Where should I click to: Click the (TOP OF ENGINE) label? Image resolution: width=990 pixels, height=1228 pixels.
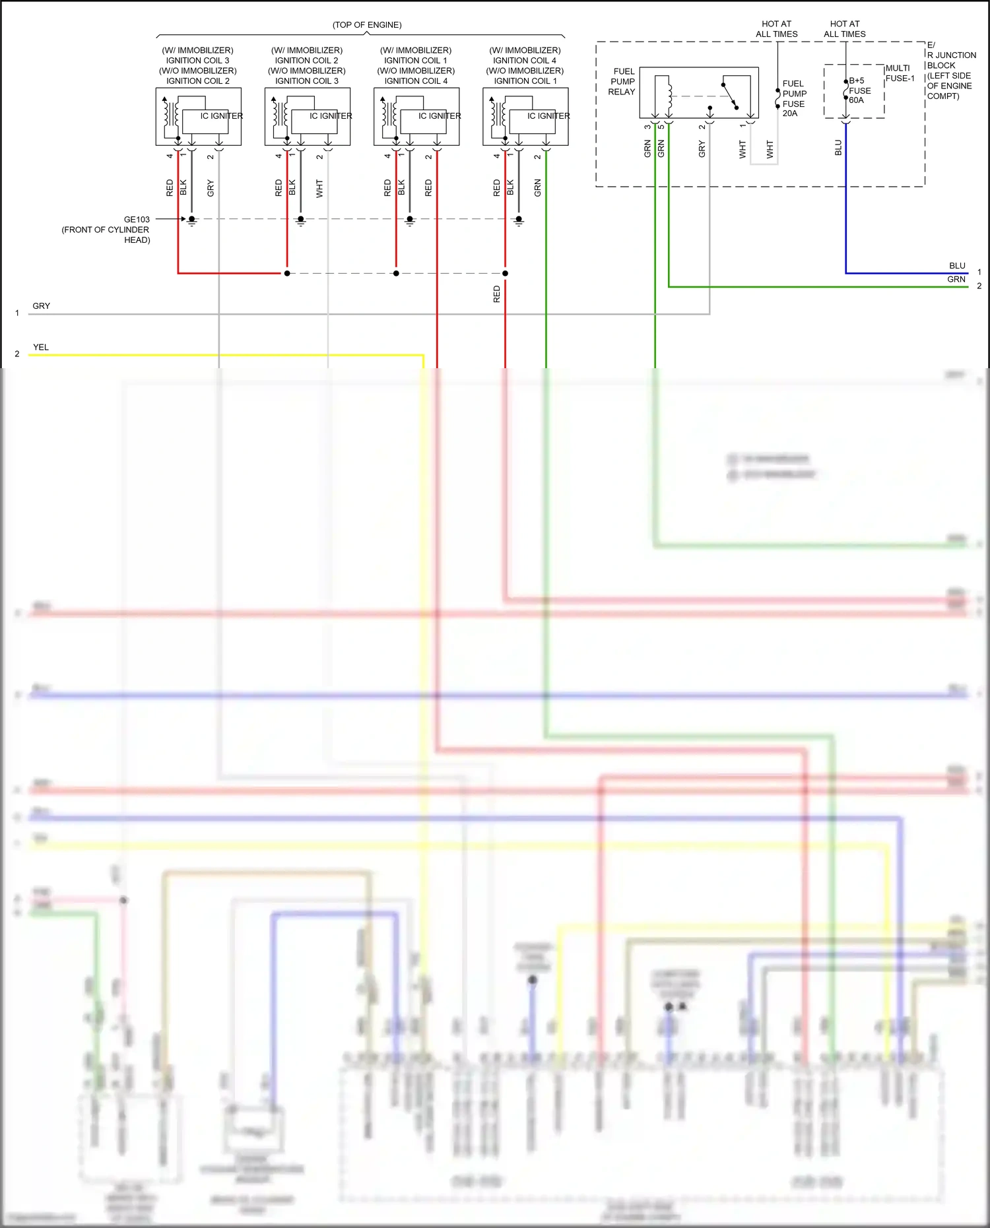pos(367,25)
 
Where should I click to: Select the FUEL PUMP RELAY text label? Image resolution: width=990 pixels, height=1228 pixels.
pos(622,81)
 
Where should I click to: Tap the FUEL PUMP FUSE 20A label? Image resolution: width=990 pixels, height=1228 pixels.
pos(794,98)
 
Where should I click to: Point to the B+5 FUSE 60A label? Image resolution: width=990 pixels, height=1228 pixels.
pos(859,90)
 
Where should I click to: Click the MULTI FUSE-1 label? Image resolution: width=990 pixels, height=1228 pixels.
pos(900,73)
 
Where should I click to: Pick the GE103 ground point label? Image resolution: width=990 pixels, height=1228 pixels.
pos(137,219)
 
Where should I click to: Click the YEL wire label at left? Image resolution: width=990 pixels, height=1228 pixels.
pos(41,347)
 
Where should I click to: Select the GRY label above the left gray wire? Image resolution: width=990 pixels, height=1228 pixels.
pos(41,306)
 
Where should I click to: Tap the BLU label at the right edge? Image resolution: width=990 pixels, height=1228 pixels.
pos(957,266)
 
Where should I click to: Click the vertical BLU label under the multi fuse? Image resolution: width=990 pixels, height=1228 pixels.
pos(838,148)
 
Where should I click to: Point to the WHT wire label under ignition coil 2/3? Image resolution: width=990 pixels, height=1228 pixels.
pos(319,188)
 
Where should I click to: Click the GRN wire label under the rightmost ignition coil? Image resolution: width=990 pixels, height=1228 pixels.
pos(537,188)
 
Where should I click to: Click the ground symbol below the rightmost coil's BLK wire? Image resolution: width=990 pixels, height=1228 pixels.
pos(519,221)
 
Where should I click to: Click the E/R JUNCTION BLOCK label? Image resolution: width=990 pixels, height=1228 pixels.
pos(951,71)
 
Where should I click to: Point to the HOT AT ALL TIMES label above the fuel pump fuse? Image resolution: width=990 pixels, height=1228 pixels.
pos(777,29)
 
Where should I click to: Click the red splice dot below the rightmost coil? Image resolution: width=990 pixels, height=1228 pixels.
pos(505,273)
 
